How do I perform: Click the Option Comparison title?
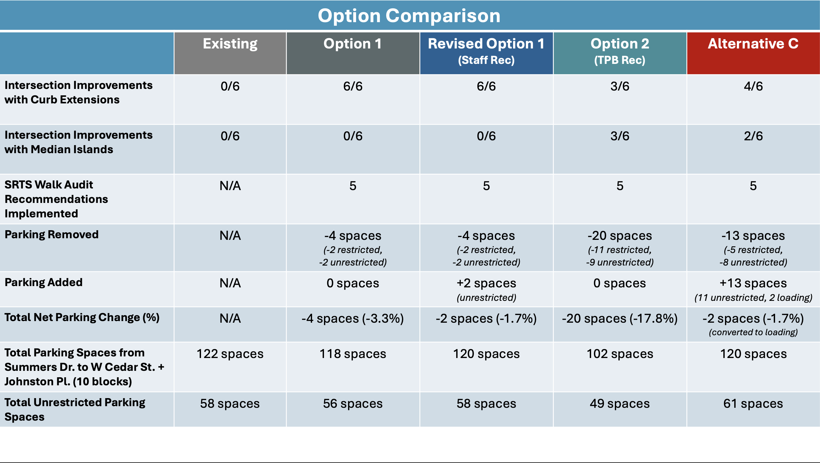[x=409, y=16]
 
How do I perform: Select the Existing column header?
[x=230, y=44]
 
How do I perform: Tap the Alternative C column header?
[x=753, y=43]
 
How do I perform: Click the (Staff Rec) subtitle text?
[x=486, y=60]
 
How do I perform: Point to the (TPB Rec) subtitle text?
[x=620, y=60]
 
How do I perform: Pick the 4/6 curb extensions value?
[x=753, y=86]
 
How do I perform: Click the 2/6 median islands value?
[x=753, y=136]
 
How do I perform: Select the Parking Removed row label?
[x=51, y=234]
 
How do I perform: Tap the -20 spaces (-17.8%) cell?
[x=620, y=319]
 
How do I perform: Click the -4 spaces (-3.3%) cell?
[x=353, y=319]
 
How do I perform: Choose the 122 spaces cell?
[x=230, y=354]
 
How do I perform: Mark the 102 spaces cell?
[x=620, y=354]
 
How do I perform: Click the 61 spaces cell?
[x=753, y=404]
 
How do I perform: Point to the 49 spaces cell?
[x=620, y=404]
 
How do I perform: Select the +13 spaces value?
[x=753, y=283]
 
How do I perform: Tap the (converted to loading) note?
[x=753, y=332]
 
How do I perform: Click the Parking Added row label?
[x=44, y=282]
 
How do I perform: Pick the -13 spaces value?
[x=753, y=236]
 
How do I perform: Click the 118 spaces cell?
[x=353, y=354]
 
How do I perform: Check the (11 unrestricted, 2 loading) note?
[x=753, y=298]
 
